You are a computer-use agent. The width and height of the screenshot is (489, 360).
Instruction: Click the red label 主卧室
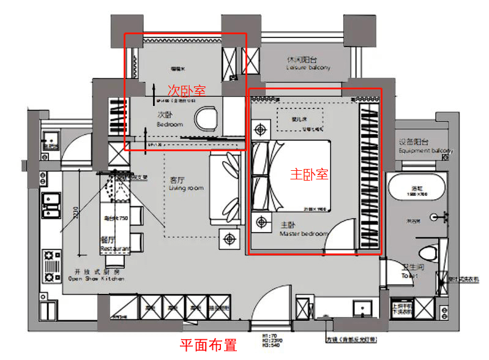(308, 174)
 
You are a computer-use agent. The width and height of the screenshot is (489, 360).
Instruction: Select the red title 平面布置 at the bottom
(208, 345)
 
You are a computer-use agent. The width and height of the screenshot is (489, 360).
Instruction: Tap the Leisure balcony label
(308, 64)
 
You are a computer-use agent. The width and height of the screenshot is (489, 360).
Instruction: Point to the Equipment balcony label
(425, 146)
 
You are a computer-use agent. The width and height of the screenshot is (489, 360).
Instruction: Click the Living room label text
(186, 184)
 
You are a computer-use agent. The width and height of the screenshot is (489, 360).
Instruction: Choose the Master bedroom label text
(304, 230)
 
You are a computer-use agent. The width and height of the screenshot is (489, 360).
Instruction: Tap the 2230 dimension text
(76, 213)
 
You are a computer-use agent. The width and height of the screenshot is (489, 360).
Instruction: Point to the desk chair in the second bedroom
(206, 118)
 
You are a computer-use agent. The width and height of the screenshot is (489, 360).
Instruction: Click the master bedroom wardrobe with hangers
(369, 178)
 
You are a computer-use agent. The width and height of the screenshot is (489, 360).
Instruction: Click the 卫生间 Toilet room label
(409, 271)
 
